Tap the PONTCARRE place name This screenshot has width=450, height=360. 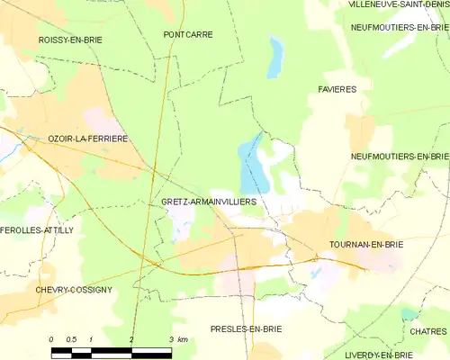click(x=188, y=34)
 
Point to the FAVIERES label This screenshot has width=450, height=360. click(x=337, y=89)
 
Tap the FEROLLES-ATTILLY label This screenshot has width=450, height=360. click(x=37, y=230)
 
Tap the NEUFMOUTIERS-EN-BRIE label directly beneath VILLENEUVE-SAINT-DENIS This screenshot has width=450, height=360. click(x=399, y=27)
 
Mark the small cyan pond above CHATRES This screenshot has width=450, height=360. click(x=409, y=314)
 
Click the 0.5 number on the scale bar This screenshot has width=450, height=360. click(x=71, y=338)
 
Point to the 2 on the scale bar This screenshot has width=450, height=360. click(x=131, y=338)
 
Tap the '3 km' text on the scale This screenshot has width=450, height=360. click(x=177, y=338)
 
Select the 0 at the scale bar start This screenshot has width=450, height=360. click(x=51, y=338)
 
